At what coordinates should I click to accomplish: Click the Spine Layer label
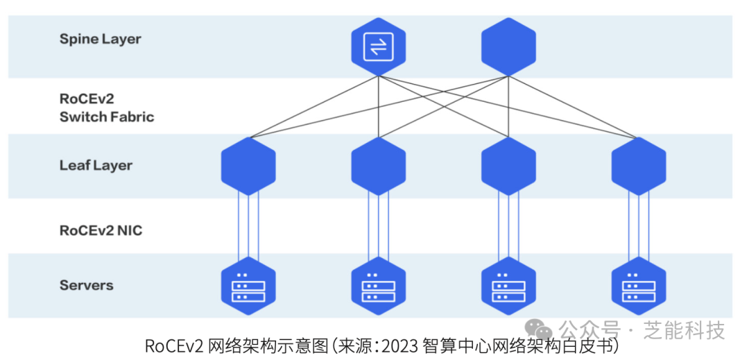(100, 39)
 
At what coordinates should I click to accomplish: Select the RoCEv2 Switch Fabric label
(106, 108)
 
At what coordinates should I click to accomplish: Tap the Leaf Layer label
(96, 165)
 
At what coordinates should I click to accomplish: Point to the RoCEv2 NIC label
(101, 230)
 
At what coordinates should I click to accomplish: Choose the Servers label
(87, 285)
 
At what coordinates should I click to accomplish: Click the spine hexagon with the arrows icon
(378, 47)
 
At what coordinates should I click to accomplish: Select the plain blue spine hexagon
(508, 47)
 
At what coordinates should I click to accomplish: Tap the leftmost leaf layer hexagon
(248, 166)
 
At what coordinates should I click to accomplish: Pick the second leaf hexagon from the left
(378, 166)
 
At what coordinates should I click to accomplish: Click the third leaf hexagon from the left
(508, 166)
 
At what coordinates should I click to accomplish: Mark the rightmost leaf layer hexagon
(638, 166)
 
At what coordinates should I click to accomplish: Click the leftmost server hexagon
(248, 286)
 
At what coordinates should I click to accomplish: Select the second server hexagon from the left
(378, 286)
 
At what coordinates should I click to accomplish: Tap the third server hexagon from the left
(508, 286)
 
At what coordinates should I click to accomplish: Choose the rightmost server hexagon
(638, 286)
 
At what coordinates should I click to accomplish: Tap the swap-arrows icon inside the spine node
(378, 46)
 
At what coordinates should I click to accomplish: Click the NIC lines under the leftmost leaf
(248, 226)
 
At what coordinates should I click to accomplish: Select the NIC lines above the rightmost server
(638, 226)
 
